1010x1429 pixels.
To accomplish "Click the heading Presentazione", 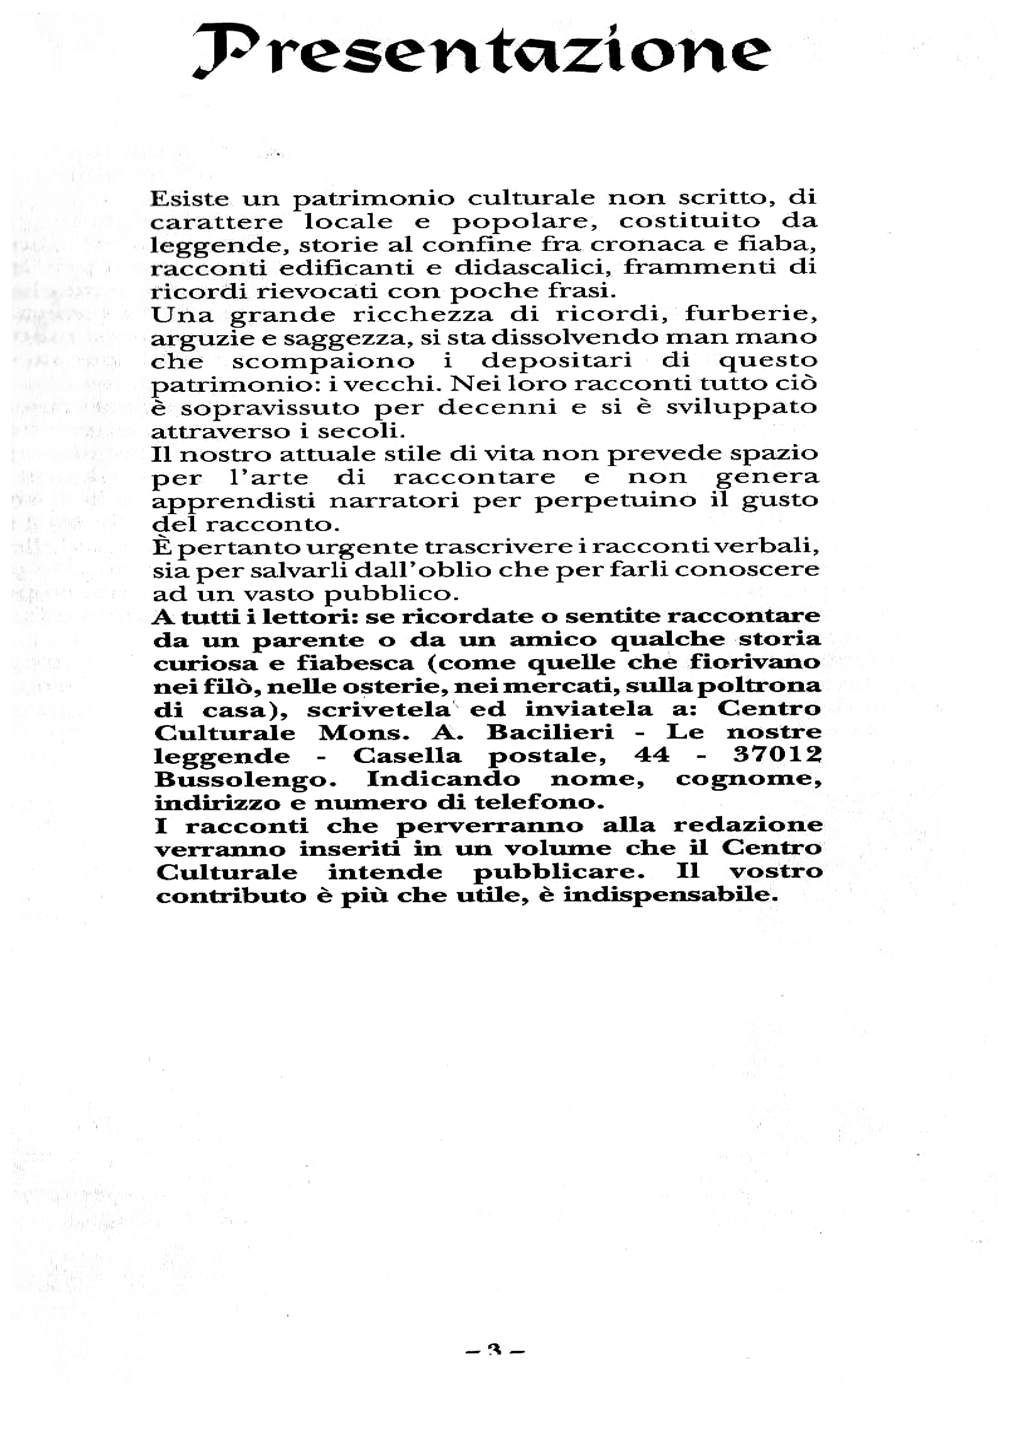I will (x=482, y=51).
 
